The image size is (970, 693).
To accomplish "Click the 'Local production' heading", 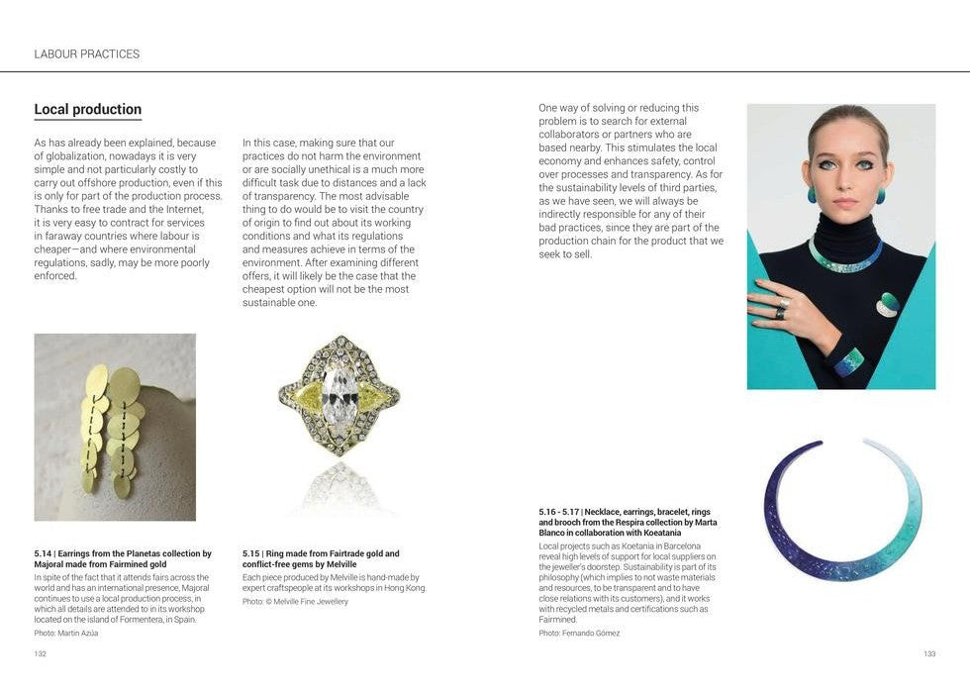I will pyautogui.click(x=88, y=110).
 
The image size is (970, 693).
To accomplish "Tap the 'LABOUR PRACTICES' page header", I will pyautogui.click(x=87, y=53).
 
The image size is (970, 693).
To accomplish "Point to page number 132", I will pyautogui.click(x=41, y=653).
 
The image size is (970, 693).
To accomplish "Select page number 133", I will pyautogui.click(x=928, y=653).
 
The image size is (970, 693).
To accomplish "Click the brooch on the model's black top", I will pyautogui.click(x=889, y=305).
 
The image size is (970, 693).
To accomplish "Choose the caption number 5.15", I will pyautogui.click(x=251, y=554).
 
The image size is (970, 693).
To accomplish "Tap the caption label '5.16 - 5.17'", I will pyautogui.click(x=558, y=512).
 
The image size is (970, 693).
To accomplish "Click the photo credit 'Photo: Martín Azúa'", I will pyautogui.click(x=66, y=633).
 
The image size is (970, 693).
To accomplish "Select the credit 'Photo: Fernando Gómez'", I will pyautogui.click(x=579, y=633).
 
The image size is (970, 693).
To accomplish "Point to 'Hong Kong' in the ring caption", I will pyautogui.click(x=405, y=588).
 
